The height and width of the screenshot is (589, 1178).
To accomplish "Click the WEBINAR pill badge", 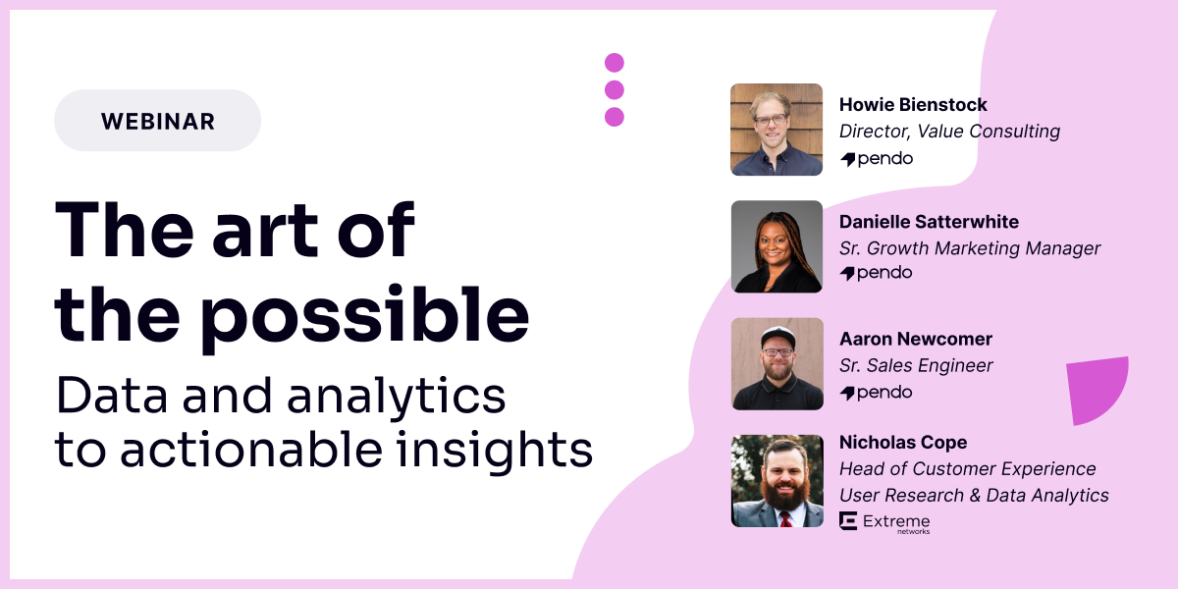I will (x=157, y=121).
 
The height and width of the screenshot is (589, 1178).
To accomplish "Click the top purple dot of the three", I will (x=615, y=63).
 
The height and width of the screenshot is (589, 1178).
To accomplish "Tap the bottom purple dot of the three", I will (x=615, y=117).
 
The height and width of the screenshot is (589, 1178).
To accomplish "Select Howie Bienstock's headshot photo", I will (x=776, y=130).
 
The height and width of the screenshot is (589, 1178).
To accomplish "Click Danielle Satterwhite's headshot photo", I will (x=776, y=246).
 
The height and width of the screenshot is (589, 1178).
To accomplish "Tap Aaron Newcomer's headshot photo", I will (x=776, y=363).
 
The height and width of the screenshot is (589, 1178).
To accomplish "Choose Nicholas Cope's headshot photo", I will (x=776, y=481).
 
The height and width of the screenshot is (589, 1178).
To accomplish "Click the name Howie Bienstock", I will (x=913, y=104).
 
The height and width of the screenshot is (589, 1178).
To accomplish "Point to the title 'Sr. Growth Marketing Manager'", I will (x=970, y=248).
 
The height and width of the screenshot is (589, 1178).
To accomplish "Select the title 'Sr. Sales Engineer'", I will (x=916, y=365).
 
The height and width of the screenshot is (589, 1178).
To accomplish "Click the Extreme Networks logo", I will (x=884, y=522).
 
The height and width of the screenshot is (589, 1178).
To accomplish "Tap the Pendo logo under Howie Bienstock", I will (x=876, y=158).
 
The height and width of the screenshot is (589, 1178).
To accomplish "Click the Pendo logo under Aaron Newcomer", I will (x=876, y=393).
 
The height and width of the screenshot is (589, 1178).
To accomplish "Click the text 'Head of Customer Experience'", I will (x=967, y=469).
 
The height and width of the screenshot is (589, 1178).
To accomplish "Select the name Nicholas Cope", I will (x=903, y=442).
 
